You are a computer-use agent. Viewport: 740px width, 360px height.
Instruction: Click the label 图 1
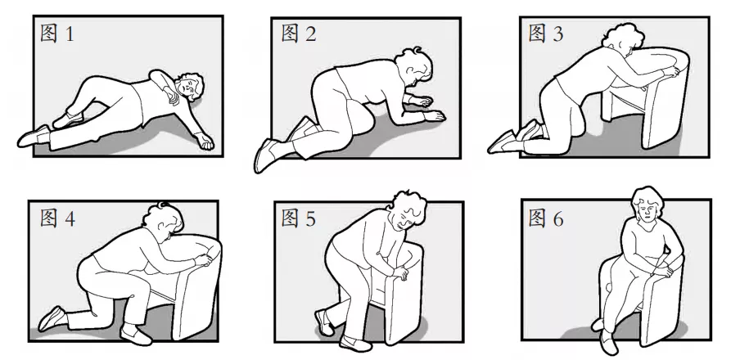click(x=57, y=34)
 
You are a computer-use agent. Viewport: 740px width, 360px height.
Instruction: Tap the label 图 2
click(x=298, y=34)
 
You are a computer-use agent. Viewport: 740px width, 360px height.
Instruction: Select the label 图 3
click(x=545, y=34)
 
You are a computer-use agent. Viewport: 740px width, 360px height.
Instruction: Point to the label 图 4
click(x=57, y=218)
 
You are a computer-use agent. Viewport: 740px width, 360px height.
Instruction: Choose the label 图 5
click(x=298, y=218)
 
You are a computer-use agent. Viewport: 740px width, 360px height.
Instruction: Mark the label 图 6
click(x=545, y=218)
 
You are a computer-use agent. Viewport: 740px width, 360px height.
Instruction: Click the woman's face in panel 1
click(x=184, y=88)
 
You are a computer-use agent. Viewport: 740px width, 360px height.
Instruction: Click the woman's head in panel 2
click(x=414, y=66)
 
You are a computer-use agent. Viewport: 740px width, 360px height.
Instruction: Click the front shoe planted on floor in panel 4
click(x=136, y=335)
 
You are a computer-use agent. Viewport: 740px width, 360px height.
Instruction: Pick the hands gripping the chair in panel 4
click(x=204, y=259)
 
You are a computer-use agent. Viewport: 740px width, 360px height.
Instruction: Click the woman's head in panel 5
click(x=405, y=210)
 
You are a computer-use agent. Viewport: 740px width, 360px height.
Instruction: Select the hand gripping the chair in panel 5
click(x=400, y=272)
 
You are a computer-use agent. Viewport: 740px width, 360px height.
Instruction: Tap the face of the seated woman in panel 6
click(x=646, y=210)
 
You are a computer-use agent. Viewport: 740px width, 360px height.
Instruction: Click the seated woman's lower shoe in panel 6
click(x=608, y=342)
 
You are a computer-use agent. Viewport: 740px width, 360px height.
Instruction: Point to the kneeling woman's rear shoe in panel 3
click(x=500, y=142)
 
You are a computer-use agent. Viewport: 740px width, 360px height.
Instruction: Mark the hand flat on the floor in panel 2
click(x=434, y=115)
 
